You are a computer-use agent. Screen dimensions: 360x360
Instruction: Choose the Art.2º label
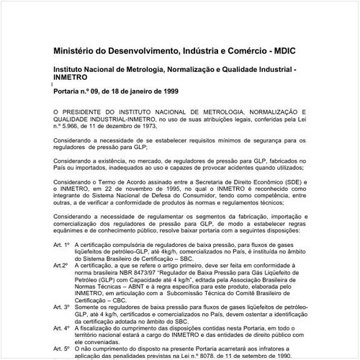(x=60, y=265)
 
